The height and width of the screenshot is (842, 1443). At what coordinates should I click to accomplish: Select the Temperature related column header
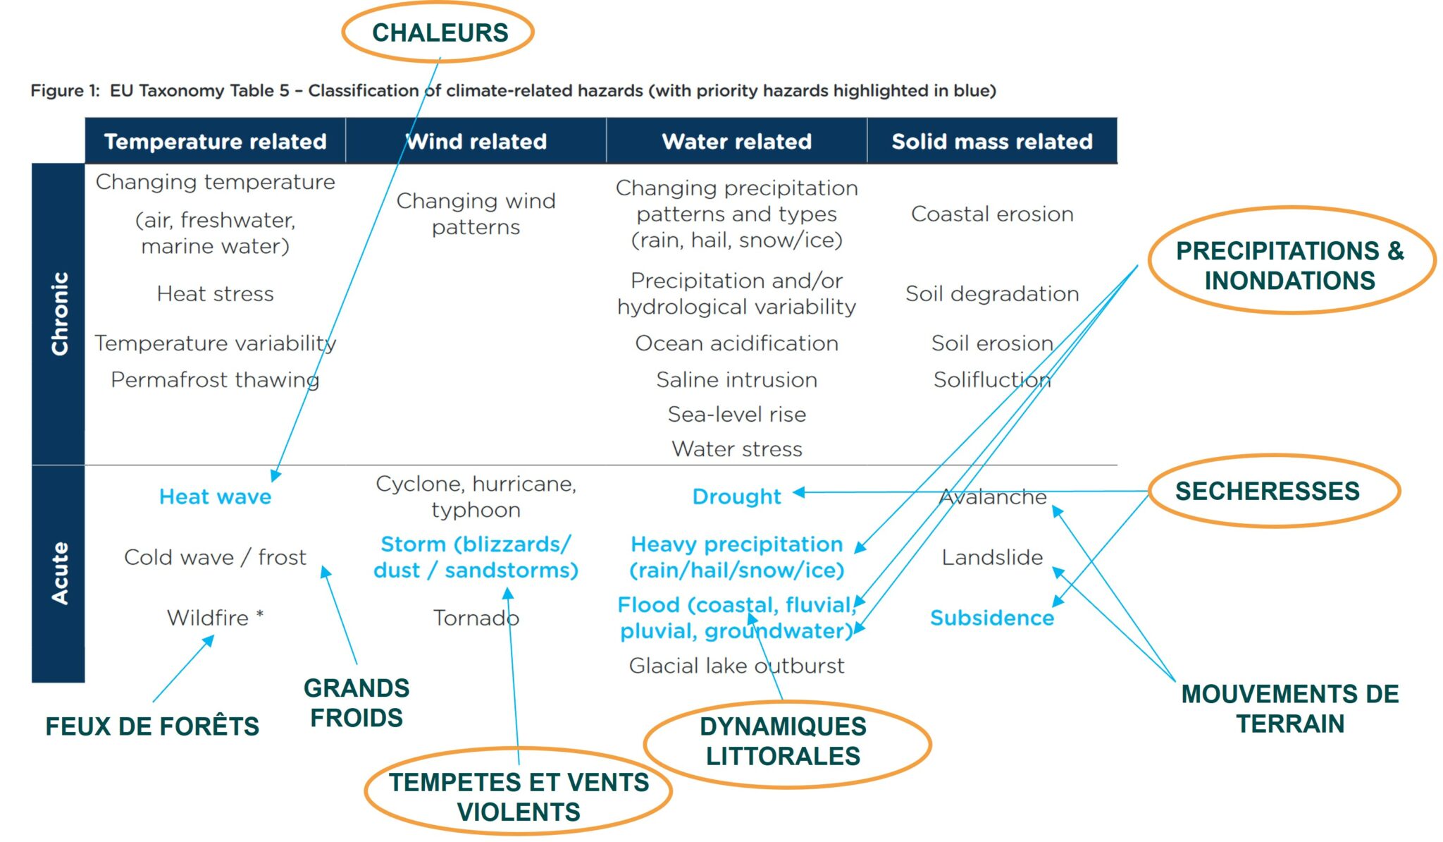pyautogui.click(x=216, y=142)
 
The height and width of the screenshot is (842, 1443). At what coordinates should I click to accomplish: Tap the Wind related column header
pyautogui.click(x=476, y=142)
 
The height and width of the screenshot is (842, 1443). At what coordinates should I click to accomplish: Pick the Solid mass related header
pyautogui.click(x=992, y=142)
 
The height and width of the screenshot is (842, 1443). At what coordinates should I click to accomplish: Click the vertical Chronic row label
pyautogui.click(x=60, y=313)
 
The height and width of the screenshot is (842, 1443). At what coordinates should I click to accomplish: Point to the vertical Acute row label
pyautogui.click(x=60, y=573)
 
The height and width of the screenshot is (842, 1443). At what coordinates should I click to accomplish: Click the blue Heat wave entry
pyautogui.click(x=216, y=496)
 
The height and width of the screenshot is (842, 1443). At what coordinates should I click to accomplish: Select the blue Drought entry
pyautogui.click(x=737, y=496)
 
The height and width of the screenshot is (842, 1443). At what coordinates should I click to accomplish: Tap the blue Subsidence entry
pyautogui.click(x=992, y=618)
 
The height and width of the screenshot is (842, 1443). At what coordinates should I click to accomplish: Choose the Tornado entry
pyautogui.click(x=476, y=618)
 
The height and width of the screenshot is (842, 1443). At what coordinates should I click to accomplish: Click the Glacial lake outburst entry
pyautogui.click(x=737, y=666)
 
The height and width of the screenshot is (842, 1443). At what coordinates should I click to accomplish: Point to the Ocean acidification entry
pyautogui.click(x=737, y=343)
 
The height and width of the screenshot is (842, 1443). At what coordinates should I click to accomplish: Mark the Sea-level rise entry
pyautogui.click(x=737, y=414)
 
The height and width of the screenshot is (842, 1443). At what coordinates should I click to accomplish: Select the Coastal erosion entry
pyautogui.click(x=992, y=214)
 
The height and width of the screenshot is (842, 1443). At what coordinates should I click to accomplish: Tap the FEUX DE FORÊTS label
pyautogui.click(x=152, y=726)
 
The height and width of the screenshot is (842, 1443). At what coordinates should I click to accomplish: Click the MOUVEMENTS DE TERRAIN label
pyautogui.click(x=1290, y=709)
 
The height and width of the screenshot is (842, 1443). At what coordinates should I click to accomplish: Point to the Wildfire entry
pyautogui.click(x=216, y=618)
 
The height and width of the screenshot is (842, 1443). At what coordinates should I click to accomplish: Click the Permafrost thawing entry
pyautogui.click(x=216, y=380)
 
